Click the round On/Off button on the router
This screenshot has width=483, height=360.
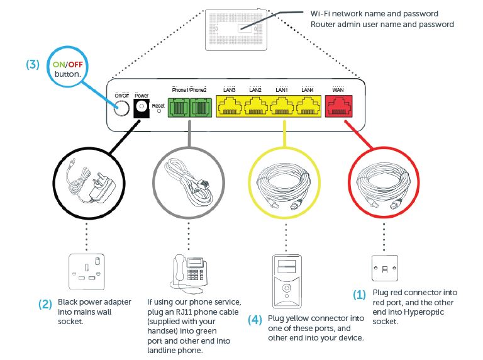pos(121,108)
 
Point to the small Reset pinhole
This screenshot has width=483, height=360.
pos(158,111)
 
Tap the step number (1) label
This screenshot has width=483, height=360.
pos(358,295)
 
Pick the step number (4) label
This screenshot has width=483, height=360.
pos(255,319)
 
